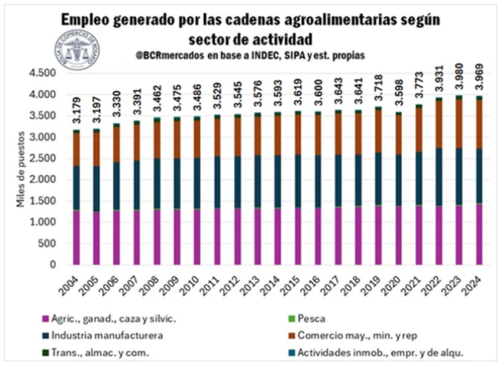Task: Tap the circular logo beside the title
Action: [78, 50]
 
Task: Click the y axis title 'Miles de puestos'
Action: [19, 177]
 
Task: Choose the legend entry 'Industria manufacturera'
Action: [107, 336]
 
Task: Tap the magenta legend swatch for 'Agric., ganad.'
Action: [46, 320]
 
